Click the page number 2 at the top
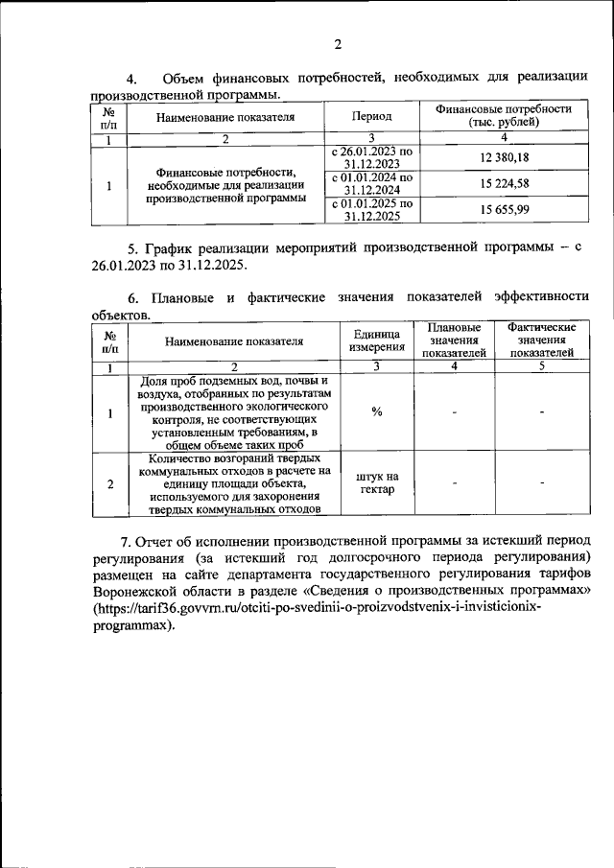[338, 45]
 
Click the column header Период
[371, 117]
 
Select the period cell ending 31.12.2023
[371, 157]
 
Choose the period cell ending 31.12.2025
[371, 210]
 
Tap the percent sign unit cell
[377, 411]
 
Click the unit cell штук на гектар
[377, 483]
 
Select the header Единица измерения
[377, 340]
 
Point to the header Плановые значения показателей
[455, 340]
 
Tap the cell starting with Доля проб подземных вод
[233, 411]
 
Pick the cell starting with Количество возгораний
[233, 483]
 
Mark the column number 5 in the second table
[542, 365]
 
